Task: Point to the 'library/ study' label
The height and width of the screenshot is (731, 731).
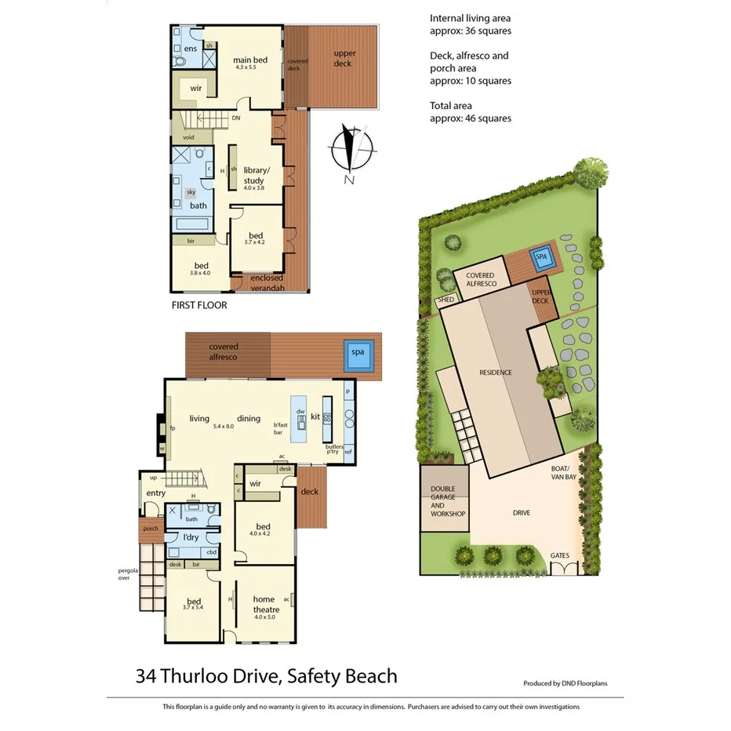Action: tap(256, 175)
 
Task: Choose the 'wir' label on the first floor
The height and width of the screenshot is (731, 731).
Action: tap(196, 89)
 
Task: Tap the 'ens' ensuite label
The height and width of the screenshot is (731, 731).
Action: tap(190, 49)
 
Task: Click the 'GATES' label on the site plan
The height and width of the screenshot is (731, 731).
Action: tap(559, 555)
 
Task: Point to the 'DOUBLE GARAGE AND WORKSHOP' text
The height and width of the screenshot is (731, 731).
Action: tap(448, 502)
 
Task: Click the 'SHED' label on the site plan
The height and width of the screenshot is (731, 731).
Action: tap(446, 300)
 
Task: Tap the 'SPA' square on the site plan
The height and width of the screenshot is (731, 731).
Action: tap(541, 256)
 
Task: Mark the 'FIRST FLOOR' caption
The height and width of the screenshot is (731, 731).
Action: tap(199, 305)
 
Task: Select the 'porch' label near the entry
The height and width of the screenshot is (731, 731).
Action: tap(151, 529)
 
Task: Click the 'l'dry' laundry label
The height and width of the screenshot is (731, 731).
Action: tap(191, 536)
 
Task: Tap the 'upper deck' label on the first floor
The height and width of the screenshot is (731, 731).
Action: tap(344, 58)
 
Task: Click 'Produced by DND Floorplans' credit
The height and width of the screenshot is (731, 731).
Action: tap(566, 683)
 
